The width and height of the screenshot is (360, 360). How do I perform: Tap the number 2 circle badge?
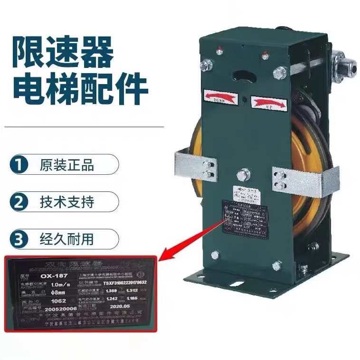tap(18, 202)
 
